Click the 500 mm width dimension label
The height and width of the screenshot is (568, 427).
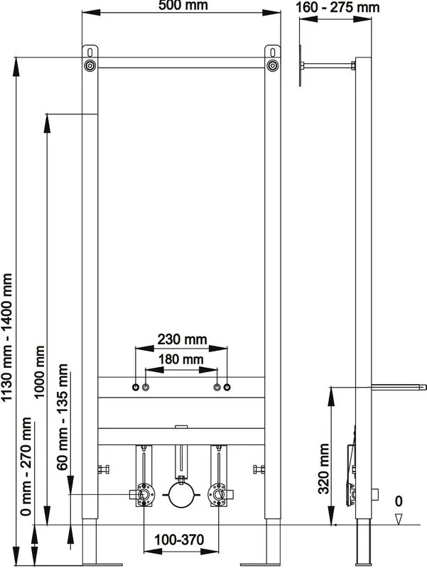[x=183, y=5]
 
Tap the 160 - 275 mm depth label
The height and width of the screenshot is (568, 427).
[x=337, y=8]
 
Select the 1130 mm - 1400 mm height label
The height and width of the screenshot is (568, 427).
[x=7, y=338]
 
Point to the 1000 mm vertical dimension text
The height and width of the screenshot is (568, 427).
[x=39, y=371]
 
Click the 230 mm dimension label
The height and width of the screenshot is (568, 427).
[x=182, y=339]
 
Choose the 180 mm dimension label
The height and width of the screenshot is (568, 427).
[x=181, y=359]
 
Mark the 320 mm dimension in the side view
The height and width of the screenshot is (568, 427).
[x=324, y=469]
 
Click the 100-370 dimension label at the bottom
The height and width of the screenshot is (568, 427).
[x=179, y=540]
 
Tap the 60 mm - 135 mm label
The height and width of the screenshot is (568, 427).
[x=62, y=417]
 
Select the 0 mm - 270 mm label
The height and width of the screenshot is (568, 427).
[x=26, y=466]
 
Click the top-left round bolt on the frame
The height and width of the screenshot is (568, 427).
[x=90, y=66]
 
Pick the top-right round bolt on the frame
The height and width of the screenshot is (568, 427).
[x=273, y=66]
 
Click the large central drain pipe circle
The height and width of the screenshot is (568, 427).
[x=181, y=495]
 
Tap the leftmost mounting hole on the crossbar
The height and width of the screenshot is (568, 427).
[x=136, y=387]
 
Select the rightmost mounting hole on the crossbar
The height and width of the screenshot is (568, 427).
[x=227, y=387]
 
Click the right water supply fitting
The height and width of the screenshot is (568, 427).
[x=219, y=494]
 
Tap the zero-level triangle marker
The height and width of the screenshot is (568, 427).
[x=399, y=519]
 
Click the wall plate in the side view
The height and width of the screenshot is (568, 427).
[x=300, y=66]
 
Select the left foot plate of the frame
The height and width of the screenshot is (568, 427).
[x=103, y=564]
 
